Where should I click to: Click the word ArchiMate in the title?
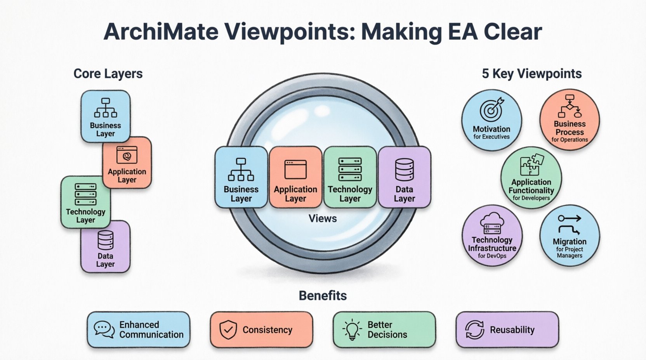161,32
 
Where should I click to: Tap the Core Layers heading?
108,74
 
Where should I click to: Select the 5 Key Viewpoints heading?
531,74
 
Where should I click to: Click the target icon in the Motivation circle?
491,109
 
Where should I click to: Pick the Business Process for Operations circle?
570,119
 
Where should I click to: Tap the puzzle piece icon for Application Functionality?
531,165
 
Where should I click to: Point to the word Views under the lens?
323,218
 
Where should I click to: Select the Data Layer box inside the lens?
404,177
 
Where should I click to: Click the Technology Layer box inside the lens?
350,177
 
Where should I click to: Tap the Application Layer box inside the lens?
295,177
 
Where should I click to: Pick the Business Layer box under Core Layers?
106,116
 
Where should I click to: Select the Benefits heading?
323,296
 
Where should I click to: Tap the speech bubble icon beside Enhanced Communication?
104,329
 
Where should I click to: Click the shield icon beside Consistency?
228,330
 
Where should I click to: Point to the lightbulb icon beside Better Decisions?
352,330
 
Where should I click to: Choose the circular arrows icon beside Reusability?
474,330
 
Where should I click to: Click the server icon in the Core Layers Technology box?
85,194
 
